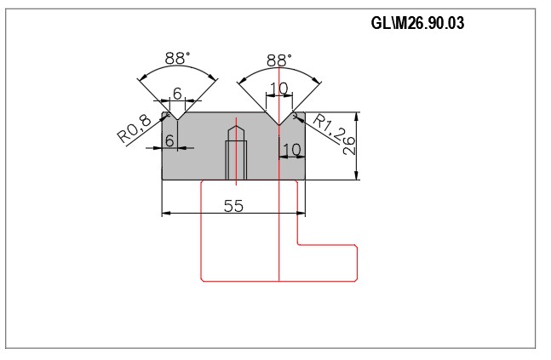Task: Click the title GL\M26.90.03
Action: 417,23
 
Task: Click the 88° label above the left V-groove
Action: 178,58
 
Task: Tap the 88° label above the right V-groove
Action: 279,60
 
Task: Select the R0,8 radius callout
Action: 134,129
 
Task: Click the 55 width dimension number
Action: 233,206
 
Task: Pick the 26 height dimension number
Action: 349,146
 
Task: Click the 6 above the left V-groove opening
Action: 177,94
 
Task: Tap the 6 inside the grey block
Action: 169,140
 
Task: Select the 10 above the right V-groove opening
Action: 279,89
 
